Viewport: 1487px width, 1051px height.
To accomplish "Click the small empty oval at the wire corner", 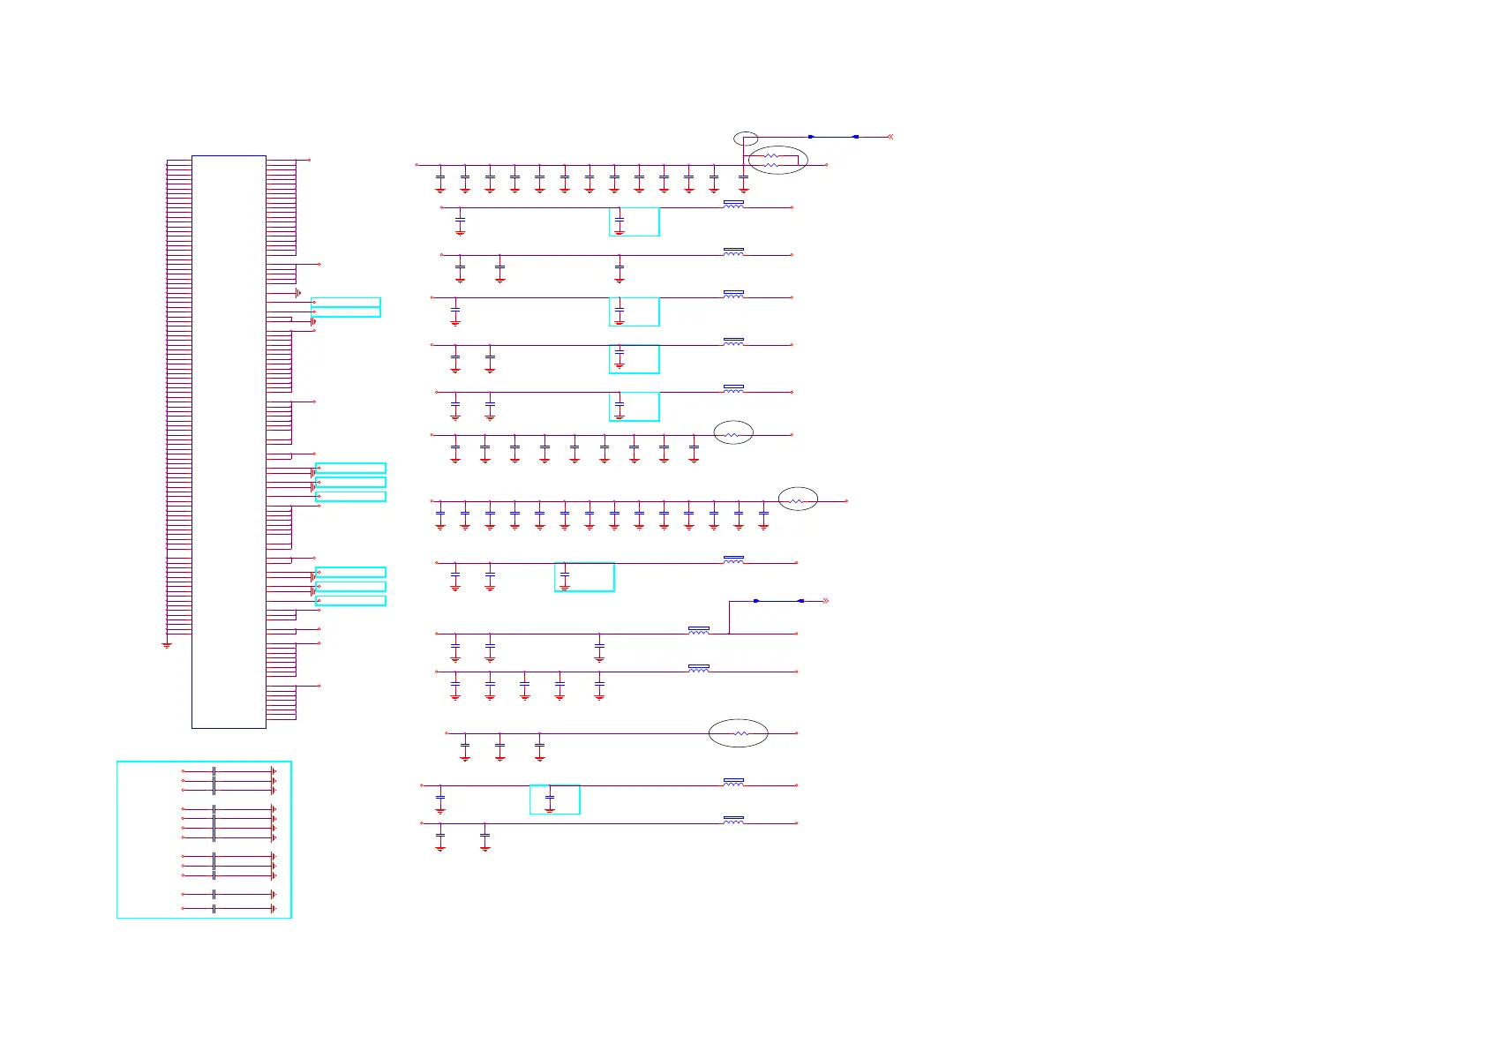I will (x=746, y=138).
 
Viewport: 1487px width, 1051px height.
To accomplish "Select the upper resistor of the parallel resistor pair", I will (x=771, y=155).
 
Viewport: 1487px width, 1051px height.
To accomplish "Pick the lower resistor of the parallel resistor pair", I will (x=771, y=165).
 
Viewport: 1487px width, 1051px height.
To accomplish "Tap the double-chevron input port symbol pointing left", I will (x=890, y=137).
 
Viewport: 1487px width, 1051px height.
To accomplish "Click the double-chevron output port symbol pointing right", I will (x=825, y=601).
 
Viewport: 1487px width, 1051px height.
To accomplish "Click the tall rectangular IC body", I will (x=229, y=441).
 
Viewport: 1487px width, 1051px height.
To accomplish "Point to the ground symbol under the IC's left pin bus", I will (x=166, y=645).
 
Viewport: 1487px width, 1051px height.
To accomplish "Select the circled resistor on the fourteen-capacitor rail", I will (x=797, y=501).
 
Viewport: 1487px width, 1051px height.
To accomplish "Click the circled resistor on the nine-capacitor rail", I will (x=732, y=435).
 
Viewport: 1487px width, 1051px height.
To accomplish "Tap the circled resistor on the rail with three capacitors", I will (x=740, y=733).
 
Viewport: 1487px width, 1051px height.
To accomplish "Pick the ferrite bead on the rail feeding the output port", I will (x=698, y=631).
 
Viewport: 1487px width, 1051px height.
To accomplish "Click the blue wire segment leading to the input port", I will (x=833, y=137).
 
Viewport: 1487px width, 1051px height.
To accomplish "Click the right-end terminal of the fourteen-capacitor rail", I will (x=846, y=501).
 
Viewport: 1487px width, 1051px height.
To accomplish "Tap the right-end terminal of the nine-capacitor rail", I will (x=792, y=435).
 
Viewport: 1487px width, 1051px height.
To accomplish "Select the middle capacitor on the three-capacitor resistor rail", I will (x=499, y=747).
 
